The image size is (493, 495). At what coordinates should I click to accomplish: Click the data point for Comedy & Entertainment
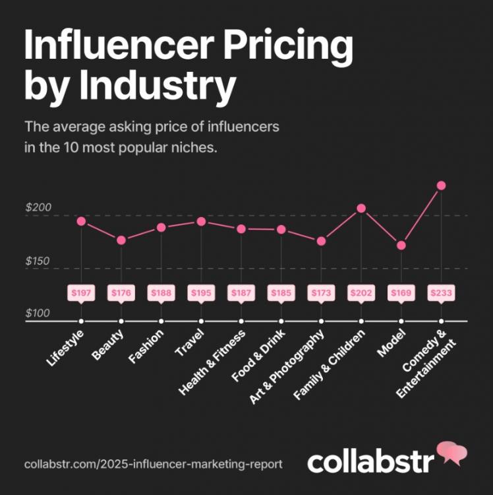pos(442,185)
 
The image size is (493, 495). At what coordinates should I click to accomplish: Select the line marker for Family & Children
pos(361,209)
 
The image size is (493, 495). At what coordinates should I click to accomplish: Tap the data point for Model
pos(401,246)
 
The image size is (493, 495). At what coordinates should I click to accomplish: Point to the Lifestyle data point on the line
pos(81,221)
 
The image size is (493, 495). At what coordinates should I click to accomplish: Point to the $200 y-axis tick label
pos(38,207)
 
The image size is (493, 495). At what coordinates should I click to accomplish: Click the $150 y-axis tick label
pos(38,261)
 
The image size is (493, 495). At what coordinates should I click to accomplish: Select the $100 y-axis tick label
pos(38,313)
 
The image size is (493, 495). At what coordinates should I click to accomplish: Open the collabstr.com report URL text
pos(154,464)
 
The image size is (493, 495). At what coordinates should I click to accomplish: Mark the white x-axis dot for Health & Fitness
pos(241,321)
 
